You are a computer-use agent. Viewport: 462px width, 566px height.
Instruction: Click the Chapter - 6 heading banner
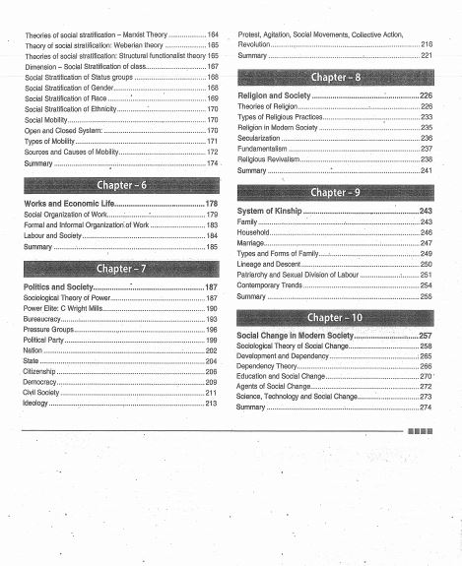coord(121,185)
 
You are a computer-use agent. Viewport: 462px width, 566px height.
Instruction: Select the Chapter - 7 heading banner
coord(121,268)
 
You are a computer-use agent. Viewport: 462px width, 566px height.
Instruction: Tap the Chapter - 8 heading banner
coord(335,76)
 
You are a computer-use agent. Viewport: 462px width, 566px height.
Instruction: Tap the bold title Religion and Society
coord(274,95)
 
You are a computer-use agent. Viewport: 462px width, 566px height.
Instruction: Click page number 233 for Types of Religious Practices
coord(426,117)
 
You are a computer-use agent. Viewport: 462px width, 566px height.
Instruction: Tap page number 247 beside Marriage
coord(426,242)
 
